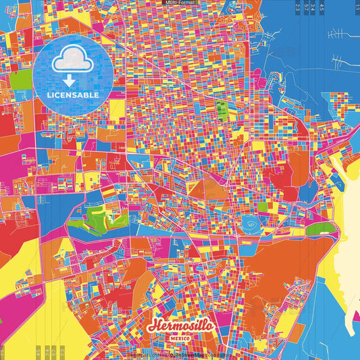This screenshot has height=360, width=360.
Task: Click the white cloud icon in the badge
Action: [73, 62]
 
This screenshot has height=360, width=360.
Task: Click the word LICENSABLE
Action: [73, 95]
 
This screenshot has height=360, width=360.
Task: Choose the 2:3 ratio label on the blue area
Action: [298, 7]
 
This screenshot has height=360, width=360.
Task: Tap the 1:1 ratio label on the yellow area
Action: [3, 352]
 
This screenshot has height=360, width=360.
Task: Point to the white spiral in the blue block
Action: [251, 224]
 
